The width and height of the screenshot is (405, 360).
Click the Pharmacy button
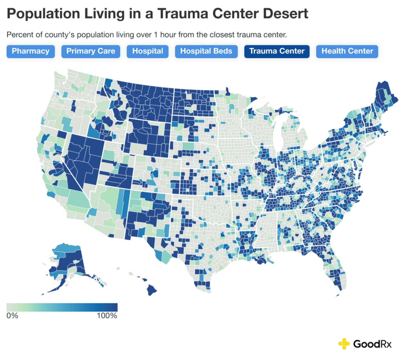pos(30,51)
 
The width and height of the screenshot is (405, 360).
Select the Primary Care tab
pos(91,51)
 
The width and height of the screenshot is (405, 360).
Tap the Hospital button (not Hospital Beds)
pos(147,51)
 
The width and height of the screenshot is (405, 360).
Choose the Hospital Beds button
pos(206,51)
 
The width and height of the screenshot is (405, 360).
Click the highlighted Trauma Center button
pos(277,51)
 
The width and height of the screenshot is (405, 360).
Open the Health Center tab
pos(347,51)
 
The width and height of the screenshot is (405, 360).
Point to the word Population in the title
pos(43,13)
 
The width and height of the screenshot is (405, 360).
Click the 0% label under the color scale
pos(12,316)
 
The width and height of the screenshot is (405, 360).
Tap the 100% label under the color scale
pos(107,316)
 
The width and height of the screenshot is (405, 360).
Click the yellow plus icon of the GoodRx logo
pos(344,343)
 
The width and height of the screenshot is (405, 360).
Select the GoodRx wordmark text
pos(372,343)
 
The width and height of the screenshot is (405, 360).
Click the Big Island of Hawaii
pos(152,290)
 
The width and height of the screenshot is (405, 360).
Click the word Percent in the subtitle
pos(17,35)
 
